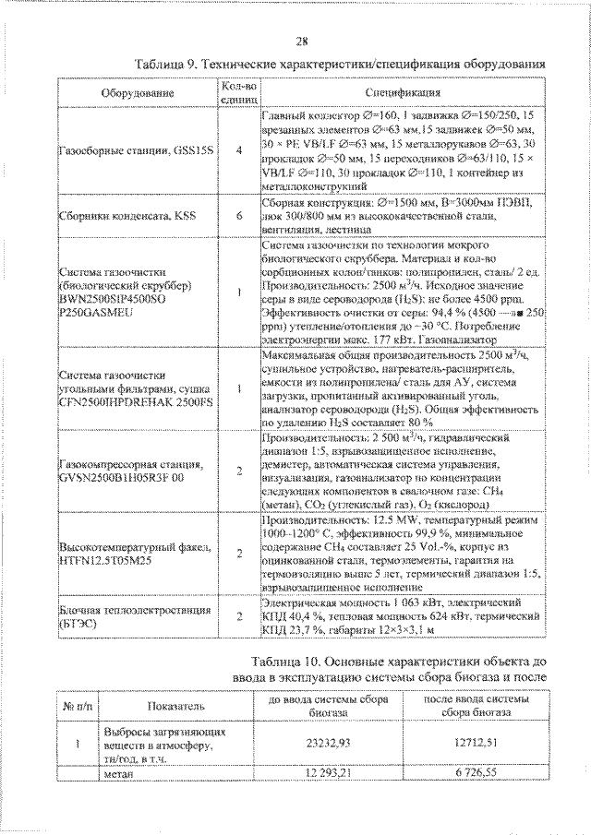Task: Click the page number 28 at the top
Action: click(302, 41)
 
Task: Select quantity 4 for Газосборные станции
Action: click(239, 149)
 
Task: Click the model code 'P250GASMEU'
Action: click(98, 313)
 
